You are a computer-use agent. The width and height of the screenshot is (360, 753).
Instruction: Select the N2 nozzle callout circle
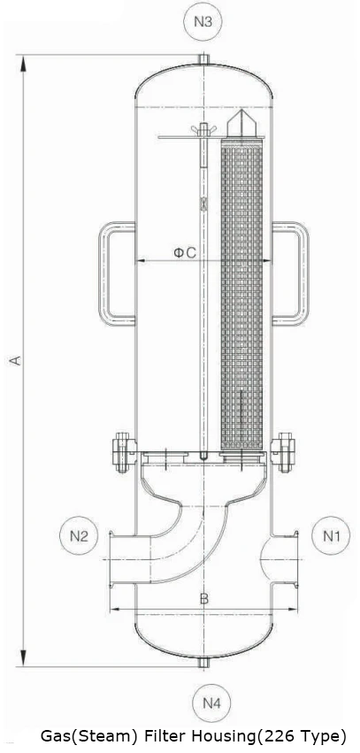coord(79,535)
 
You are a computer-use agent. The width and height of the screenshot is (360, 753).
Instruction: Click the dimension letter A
coord(13,360)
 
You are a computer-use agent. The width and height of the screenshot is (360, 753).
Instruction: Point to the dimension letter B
coord(204,599)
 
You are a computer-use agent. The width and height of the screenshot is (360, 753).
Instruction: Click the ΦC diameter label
coord(184,253)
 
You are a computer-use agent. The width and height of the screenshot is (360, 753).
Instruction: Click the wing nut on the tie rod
coord(203,134)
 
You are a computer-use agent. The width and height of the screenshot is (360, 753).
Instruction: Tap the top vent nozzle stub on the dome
coord(203,59)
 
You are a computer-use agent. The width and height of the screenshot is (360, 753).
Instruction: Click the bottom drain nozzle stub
coord(203,662)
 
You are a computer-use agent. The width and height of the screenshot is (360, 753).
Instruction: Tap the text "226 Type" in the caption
coord(305,736)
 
